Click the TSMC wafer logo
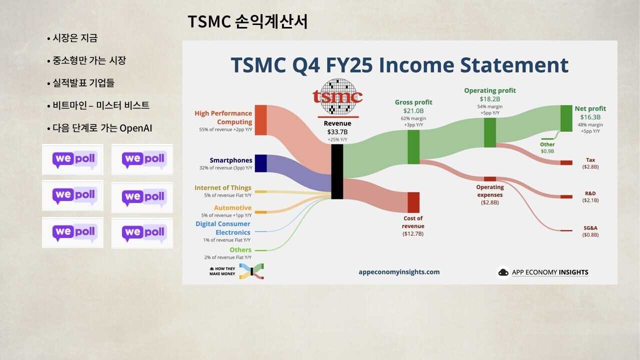coord(337,96)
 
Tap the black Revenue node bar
coord(337,171)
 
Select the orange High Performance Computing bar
coord(261,120)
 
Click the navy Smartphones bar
coord(261,163)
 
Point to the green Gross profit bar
coord(413,147)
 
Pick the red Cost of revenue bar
coord(413,202)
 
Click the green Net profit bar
coord(566,118)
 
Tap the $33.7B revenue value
coord(337,132)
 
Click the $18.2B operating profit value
coord(489,99)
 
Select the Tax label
coord(590,160)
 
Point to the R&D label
coord(590,193)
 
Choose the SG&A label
coord(590,228)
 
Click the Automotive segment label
coord(233,207)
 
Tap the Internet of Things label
coord(223,187)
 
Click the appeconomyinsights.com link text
coord(399,272)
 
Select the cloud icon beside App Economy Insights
coord(503,272)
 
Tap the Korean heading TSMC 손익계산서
coord(247,21)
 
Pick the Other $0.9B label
coord(547,147)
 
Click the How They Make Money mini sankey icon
coord(251,271)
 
